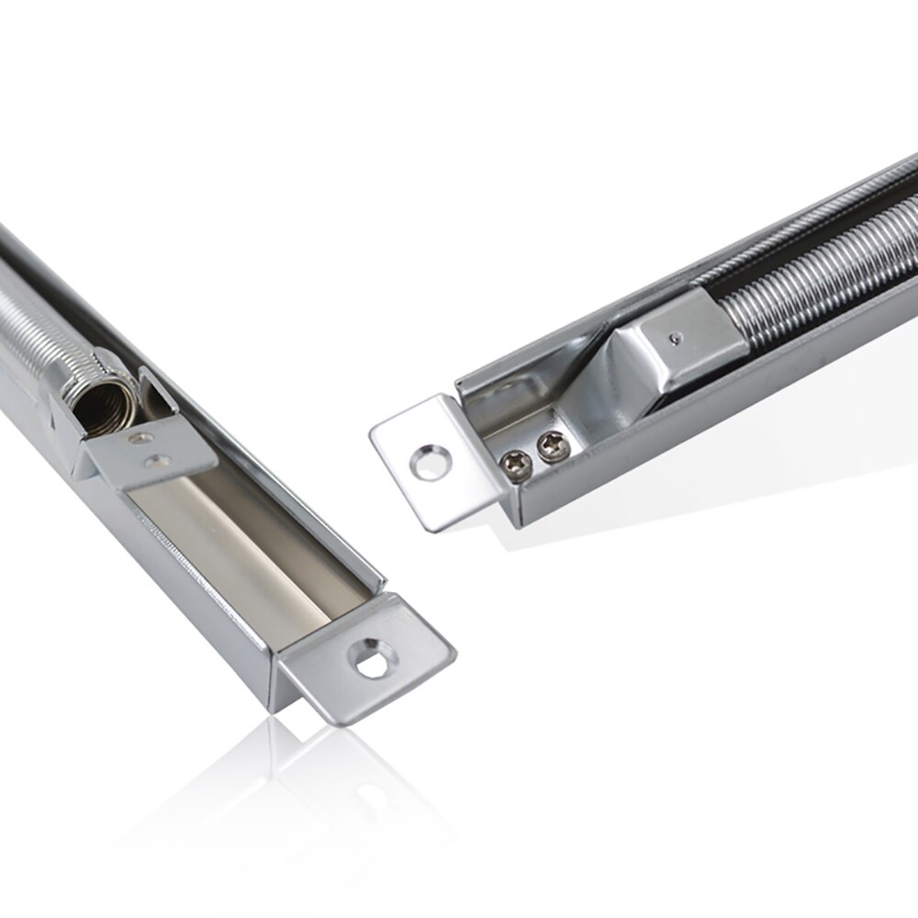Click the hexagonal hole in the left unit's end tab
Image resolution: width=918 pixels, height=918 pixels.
pyautogui.click(x=372, y=659)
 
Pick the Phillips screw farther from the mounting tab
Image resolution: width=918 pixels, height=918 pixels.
pyautogui.click(x=553, y=447)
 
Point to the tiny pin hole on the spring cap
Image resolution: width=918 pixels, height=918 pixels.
pyautogui.click(x=676, y=338)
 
